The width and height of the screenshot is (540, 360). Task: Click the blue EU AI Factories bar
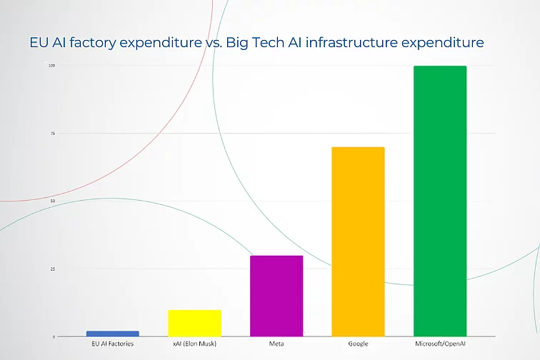[x=112, y=334]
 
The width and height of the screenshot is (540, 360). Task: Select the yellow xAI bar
[x=194, y=323]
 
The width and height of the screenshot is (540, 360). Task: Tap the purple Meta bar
[x=276, y=296]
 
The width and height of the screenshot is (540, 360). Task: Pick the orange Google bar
[x=358, y=241]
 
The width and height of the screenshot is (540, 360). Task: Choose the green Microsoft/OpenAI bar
[x=440, y=201]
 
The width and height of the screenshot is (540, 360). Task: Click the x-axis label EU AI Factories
[x=112, y=344]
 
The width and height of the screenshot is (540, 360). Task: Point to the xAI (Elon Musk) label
[x=194, y=344]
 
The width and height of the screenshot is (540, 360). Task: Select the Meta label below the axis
[x=276, y=344]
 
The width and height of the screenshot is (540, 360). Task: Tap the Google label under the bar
[x=358, y=344]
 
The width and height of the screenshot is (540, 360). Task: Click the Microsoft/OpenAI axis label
[x=440, y=344]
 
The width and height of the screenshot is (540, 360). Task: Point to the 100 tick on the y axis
[x=51, y=66]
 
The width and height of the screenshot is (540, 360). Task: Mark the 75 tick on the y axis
[x=52, y=134]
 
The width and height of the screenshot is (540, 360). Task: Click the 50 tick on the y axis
[x=52, y=201]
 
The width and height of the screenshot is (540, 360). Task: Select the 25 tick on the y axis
[x=52, y=269]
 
